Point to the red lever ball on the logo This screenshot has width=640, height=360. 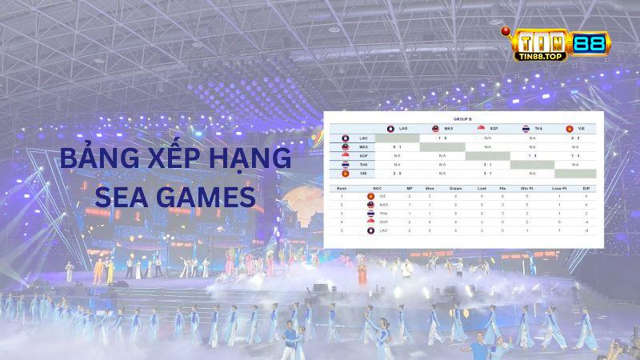[506, 33]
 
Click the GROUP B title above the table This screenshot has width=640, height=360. [464, 118]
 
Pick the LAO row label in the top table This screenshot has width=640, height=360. [363, 138]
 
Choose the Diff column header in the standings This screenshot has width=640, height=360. [586, 189]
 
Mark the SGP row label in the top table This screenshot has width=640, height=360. [363, 155]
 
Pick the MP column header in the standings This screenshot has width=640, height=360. [410, 189]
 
